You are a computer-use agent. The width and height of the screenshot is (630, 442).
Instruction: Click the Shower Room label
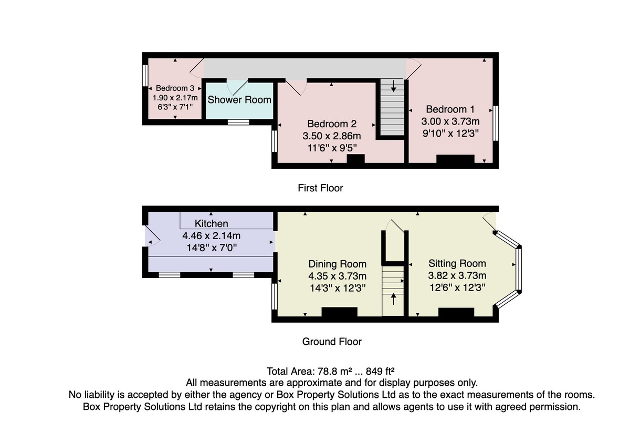[x=239, y=99]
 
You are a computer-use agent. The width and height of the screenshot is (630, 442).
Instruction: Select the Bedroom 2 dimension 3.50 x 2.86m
[x=332, y=136]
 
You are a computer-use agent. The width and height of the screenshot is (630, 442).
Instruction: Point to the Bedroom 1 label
[x=450, y=109]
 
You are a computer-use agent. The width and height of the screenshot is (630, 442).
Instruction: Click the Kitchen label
[x=212, y=224]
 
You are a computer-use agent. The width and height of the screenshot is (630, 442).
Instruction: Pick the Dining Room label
[x=337, y=264]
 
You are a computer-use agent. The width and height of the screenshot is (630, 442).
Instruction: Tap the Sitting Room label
[x=457, y=263]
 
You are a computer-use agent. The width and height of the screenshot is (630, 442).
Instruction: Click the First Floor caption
[x=320, y=188]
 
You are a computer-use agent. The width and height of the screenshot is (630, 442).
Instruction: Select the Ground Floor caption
[x=332, y=342]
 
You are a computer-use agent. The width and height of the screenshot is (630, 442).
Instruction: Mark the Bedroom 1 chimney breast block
[x=455, y=160]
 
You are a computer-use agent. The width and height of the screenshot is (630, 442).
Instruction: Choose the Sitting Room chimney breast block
[x=456, y=313]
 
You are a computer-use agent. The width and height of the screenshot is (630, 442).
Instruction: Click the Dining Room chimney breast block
[x=339, y=313]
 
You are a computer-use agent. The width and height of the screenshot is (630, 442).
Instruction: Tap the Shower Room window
[x=238, y=122]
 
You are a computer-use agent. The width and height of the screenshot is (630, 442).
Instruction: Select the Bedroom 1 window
[x=495, y=124]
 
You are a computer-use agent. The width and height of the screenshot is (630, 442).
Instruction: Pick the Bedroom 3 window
[x=145, y=75]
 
